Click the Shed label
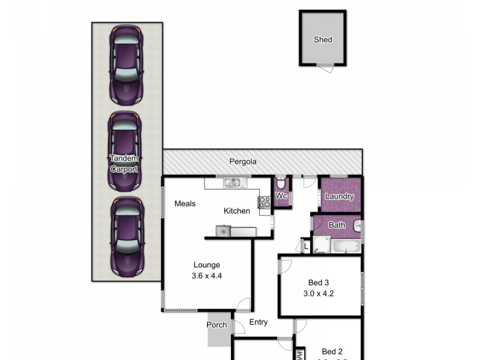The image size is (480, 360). pyautogui.click(x=323, y=40)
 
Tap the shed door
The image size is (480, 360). pyautogui.click(x=325, y=68)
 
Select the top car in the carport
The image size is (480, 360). pyautogui.click(x=125, y=64)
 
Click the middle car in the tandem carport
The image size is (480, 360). pyautogui.click(x=125, y=151)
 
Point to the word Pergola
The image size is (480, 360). pyautogui.click(x=243, y=162)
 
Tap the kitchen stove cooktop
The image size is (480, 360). pyautogui.click(x=264, y=202)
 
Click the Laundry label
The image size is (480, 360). pyautogui.click(x=340, y=197)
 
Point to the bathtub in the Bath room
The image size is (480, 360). pyautogui.click(x=345, y=246)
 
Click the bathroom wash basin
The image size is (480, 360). pyautogui.click(x=357, y=226)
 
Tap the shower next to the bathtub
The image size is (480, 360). pyautogui.click(x=321, y=245)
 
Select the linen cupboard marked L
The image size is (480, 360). pyautogui.click(x=306, y=246)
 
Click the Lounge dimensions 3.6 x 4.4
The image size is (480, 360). pyautogui.click(x=206, y=277)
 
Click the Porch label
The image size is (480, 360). pyautogui.click(x=217, y=325)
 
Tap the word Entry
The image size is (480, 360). pyautogui.click(x=258, y=322)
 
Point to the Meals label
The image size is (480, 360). pyautogui.click(x=185, y=204)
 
